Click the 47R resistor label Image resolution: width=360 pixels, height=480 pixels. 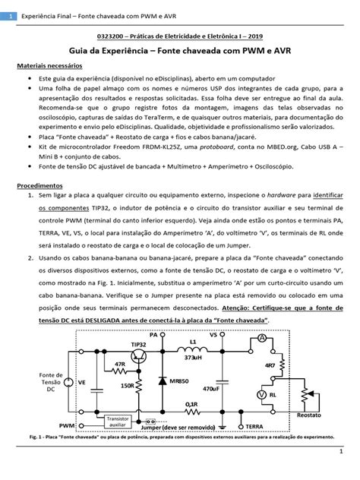click(119, 365)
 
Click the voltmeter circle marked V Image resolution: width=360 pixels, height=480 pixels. click(261, 395)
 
